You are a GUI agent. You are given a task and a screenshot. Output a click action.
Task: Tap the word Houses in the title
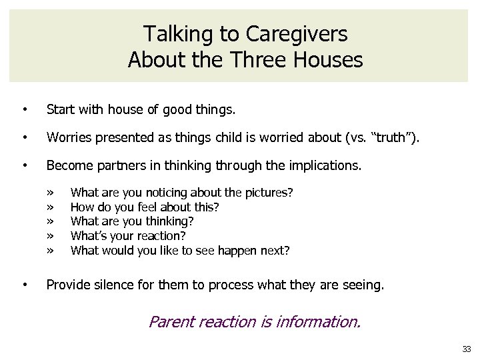pyautogui.click(x=329, y=60)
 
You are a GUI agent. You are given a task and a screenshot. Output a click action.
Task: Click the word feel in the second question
pyautogui.click(x=145, y=207)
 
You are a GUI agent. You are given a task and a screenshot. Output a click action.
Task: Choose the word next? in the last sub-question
pyautogui.click(x=273, y=251)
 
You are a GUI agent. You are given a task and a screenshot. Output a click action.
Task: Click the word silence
pyautogui.click(x=114, y=286)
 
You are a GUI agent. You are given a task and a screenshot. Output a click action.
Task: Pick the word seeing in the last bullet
pyautogui.click(x=364, y=286)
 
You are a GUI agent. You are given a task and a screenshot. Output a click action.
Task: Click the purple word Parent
pyautogui.click(x=171, y=323)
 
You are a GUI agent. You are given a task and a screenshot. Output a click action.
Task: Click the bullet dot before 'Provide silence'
pyautogui.click(x=25, y=286)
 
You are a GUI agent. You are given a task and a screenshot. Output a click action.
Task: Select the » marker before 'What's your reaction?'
pyautogui.click(x=51, y=236)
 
